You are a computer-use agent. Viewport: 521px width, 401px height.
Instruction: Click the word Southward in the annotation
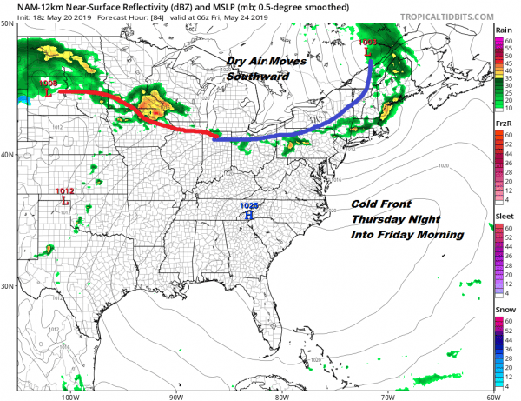[x=256, y=77]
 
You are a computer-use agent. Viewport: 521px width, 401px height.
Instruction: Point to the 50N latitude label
[x=8, y=23]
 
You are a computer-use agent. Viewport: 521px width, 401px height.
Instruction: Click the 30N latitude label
[x=8, y=286]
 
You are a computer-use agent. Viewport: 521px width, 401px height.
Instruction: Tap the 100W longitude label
[x=71, y=395]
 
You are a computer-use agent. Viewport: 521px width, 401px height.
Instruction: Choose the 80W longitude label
[x=281, y=395]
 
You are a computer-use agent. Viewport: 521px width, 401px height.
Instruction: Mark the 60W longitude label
[x=491, y=395]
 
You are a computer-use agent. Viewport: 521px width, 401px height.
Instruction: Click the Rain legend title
[x=504, y=30]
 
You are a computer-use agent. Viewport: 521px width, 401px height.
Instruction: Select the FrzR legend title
[x=504, y=124]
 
